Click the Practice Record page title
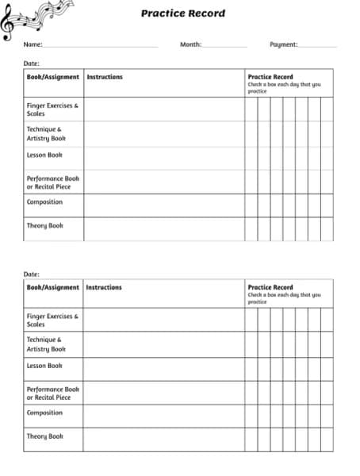click(182, 13)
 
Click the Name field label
click(33, 45)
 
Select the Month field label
click(190, 45)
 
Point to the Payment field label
click(283, 45)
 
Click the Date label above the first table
click(32, 63)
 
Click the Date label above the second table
click(32, 274)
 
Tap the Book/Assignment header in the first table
click(53, 77)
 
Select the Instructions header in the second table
click(104, 287)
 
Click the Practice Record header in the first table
click(270, 77)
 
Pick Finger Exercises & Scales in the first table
click(52, 109)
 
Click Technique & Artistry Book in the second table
click(46, 344)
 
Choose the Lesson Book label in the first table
click(44, 155)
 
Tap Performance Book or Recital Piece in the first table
click(53, 182)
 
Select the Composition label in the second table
click(44, 413)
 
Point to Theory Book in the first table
click(44, 225)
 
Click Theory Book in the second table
click(44, 436)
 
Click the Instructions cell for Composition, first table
click(163, 205)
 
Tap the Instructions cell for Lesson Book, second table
click(163, 368)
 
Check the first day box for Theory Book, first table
click(251, 228)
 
